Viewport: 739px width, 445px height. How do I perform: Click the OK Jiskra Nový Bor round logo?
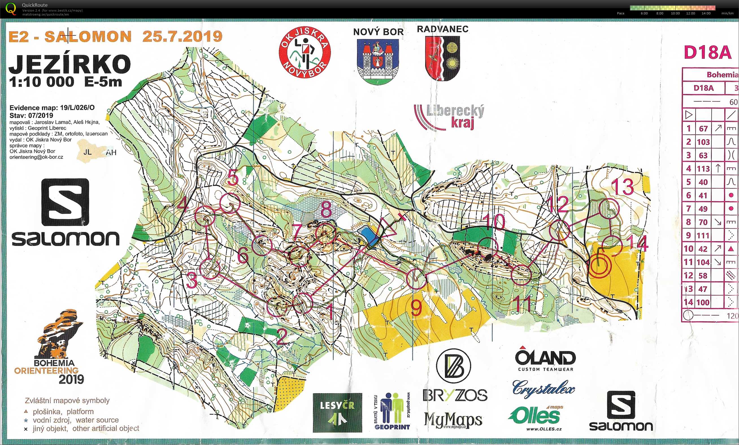(x=305, y=53)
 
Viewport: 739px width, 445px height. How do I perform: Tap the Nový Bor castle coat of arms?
(x=378, y=62)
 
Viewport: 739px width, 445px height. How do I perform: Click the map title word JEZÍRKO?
(x=69, y=64)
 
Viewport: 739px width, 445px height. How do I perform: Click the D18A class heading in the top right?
(x=708, y=53)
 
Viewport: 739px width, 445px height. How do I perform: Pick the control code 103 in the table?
(x=703, y=142)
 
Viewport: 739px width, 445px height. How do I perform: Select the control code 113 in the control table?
(x=703, y=168)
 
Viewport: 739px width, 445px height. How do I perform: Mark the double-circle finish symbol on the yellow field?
(x=598, y=266)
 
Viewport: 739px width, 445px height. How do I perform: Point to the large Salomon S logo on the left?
(x=65, y=202)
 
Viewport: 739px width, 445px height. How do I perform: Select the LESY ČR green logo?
(x=337, y=413)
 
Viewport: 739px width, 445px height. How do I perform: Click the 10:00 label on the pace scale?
(x=675, y=14)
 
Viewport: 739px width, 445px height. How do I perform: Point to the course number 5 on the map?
(x=233, y=177)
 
